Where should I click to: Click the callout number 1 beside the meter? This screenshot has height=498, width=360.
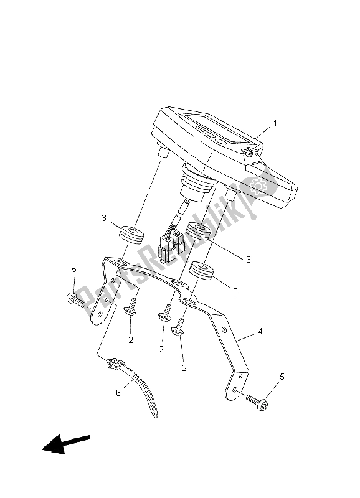pyautogui.click(x=275, y=123)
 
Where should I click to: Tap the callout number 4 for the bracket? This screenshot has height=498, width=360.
pyautogui.click(x=260, y=332)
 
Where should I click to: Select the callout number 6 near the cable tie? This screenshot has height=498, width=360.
pyautogui.click(x=118, y=393)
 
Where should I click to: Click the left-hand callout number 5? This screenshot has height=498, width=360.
pyautogui.click(x=74, y=270)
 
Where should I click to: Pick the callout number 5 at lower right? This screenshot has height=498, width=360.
pyautogui.click(x=282, y=377)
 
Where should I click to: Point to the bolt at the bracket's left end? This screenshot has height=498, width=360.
pyautogui.click(x=75, y=301)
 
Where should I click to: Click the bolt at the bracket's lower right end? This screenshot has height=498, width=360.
pyautogui.click(x=257, y=400)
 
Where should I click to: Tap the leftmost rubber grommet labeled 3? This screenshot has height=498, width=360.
pyautogui.click(x=131, y=235)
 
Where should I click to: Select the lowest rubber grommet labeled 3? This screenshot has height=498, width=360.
pyautogui.click(x=201, y=271)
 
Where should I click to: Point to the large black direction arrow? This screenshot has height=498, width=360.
pyautogui.click(x=66, y=443)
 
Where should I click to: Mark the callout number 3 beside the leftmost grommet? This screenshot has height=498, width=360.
pyautogui.click(x=104, y=218)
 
